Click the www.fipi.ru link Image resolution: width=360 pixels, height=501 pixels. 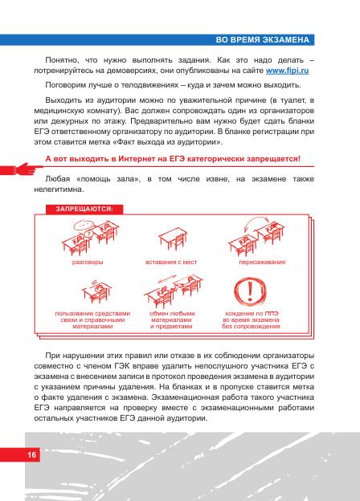(287, 71)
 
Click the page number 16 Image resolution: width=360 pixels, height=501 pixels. (31, 454)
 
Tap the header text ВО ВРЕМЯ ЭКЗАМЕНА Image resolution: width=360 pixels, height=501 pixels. (263, 40)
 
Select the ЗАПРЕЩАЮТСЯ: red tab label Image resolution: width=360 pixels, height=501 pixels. (84, 209)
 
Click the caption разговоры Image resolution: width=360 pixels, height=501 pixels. (88, 262)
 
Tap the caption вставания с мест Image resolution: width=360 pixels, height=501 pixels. (171, 262)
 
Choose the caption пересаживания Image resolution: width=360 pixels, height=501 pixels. (262, 262)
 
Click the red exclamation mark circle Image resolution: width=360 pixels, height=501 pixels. (250, 291)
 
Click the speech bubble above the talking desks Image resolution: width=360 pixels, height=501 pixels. (84, 226)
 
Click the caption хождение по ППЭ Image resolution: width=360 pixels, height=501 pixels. (252, 313)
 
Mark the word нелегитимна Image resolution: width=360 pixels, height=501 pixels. (59, 189)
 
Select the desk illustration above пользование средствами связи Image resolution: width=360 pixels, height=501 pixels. (96, 292)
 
